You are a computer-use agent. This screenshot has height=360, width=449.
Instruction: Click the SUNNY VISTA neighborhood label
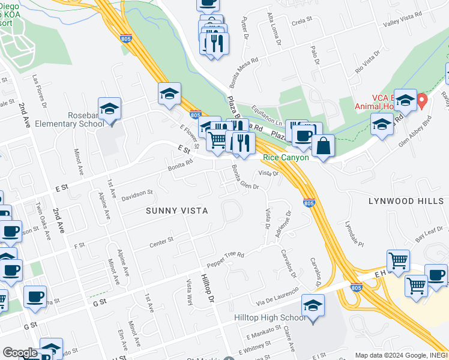point(177,211)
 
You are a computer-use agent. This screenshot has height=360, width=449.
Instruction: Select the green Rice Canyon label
point(286,158)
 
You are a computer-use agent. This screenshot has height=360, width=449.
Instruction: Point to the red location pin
point(422,100)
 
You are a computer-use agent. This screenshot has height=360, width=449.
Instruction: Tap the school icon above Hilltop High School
point(313,306)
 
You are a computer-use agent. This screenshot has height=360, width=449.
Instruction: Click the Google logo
point(20,352)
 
